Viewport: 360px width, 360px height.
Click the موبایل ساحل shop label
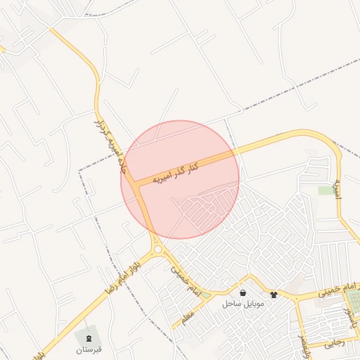coord(242,304)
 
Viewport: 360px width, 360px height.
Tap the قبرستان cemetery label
coord(89,349)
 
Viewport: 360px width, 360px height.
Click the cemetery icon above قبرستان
coord(89,339)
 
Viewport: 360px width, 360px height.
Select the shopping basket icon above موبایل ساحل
coord(243,293)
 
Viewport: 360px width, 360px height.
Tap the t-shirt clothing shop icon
coord(273,295)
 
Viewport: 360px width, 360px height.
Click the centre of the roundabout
coord(157,248)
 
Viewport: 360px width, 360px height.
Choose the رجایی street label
coord(333,345)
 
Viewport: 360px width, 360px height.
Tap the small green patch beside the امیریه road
coord(325,191)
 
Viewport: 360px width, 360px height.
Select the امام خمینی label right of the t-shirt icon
coord(338,290)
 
